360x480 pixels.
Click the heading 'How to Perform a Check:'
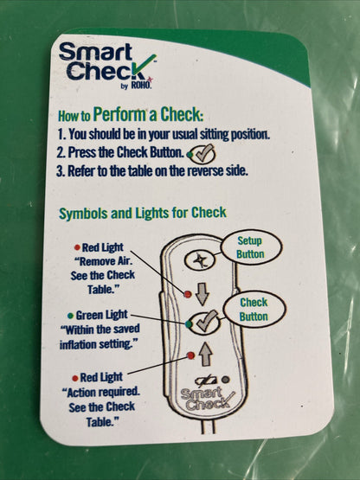point(131,114)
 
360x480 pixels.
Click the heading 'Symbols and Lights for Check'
point(143,213)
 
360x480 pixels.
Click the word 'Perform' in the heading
point(145,113)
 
